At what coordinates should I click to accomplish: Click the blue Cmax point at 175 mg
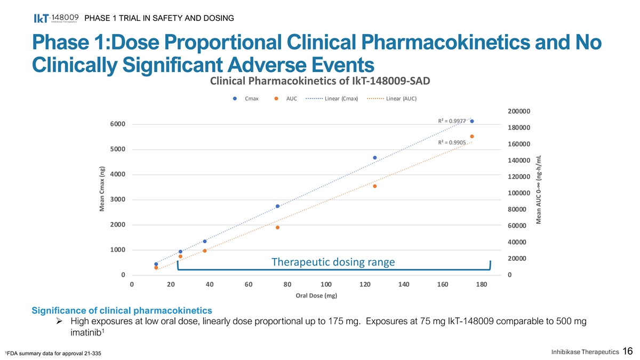tap(472, 121)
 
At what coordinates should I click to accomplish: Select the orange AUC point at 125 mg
tap(375, 186)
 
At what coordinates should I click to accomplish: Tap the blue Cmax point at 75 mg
tap(278, 206)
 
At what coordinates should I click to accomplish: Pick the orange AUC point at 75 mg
tap(278, 228)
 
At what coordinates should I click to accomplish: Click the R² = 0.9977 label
tap(452, 121)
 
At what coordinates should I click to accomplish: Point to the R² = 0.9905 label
tap(452, 142)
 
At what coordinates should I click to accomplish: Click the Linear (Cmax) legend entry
tap(331, 99)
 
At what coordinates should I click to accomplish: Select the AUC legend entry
tap(286, 99)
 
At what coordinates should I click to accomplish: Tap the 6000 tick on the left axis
tap(118, 124)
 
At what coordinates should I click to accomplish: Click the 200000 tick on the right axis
tap(519, 111)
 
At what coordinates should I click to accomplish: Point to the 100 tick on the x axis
tap(326, 285)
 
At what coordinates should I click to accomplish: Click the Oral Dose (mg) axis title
tap(316, 295)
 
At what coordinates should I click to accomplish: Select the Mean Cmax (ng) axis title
tap(102, 187)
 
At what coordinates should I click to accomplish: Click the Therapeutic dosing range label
tap(333, 262)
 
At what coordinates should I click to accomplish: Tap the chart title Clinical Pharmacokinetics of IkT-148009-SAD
tap(320, 81)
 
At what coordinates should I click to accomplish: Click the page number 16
tap(627, 351)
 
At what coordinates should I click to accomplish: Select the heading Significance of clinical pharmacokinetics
tap(122, 310)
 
